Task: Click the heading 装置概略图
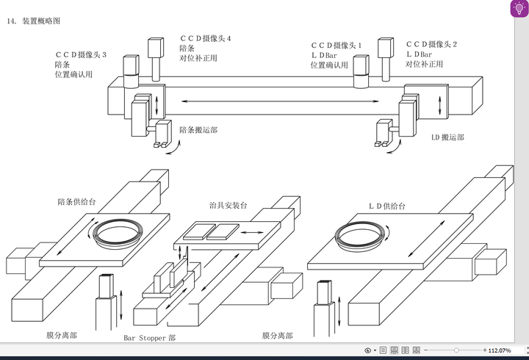pyautogui.click(x=41, y=21)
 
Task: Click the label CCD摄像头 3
pyautogui.click(x=81, y=54)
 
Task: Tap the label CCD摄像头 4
pyautogui.click(x=206, y=38)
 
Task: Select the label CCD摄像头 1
pyautogui.click(x=336, y=46)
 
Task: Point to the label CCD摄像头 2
pyautogui.click(x=431, y=44)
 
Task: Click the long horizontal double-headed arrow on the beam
pyautogui.click(x=280, y=101)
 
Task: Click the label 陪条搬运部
pyautogui.click(x=198, y=130)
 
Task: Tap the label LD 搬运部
pyautogui.click(x=447, y=137)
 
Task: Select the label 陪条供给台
pyautogui.click(x=76, y=202)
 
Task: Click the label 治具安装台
pyautogui.click(x=228, y=206)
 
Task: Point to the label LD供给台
pyautogui.click(x=387, y=206)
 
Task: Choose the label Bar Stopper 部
pyautogui.click(x=149, y=338)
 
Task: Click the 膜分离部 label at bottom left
pyautogui.click(x=62, y=335)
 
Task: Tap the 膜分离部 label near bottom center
pyautogui.click(x=277, y=336)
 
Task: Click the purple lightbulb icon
pyautogui.click(x=519, y=8)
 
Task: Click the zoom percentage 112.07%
pyautogui.click(x=500, y=350)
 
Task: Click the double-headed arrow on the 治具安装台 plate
pyautogui.click(x=252, y=232)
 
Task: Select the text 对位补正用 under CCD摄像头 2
pyautogui.click(x=425, y=64)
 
